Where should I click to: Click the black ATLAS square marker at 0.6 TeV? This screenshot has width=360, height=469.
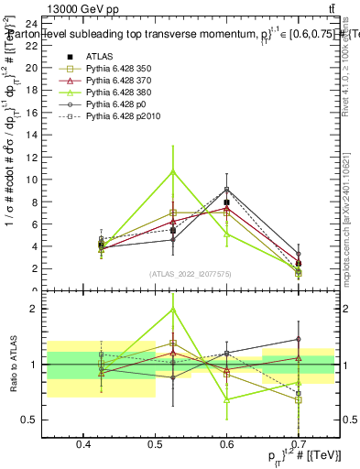[226, 202]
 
